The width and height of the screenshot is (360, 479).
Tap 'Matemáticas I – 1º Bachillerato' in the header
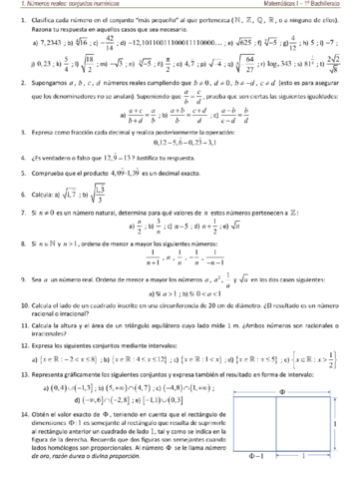[x=309, y=6]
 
